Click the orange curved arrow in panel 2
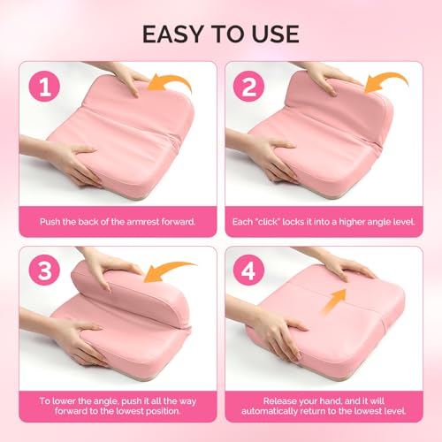coord(384,86)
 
